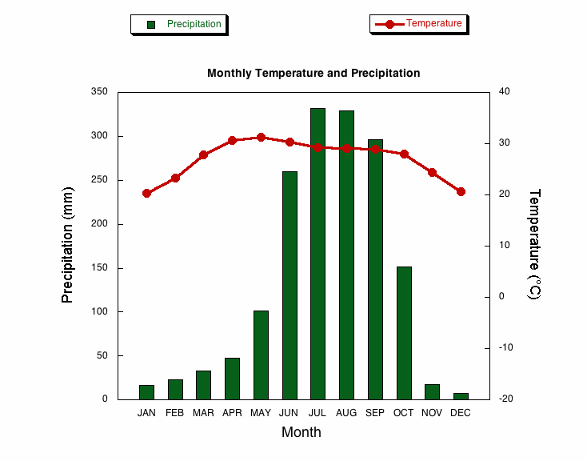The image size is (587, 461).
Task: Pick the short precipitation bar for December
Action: coord(461,395)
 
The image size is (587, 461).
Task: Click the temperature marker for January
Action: coord(146,193)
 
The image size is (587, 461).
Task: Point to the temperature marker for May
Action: coord(261,138)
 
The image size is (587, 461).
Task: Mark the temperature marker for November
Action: coord(432,172)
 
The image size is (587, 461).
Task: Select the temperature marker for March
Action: coord(203,154)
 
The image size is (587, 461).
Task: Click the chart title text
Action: coord(313,73)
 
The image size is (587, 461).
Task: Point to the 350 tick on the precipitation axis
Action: coord(98,92)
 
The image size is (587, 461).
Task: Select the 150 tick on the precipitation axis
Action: coord(98,267)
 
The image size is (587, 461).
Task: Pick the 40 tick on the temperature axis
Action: coord(505,92)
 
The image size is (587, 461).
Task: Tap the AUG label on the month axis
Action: coord(346,413)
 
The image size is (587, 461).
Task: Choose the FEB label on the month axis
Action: coord(175,413)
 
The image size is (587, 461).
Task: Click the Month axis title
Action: coord(301,432)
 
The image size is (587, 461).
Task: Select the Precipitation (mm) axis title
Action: coord(67,244)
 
